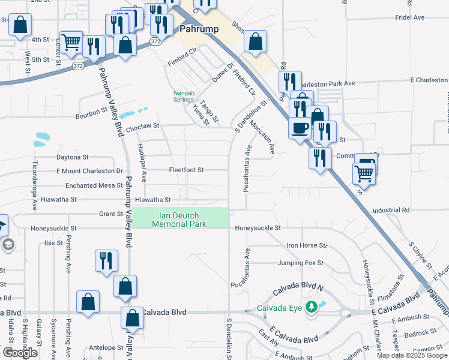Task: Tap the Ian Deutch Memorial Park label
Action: pyautogui.click(x=179, y=220)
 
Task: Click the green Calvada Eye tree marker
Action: pyautogui.click(x=311, y=308)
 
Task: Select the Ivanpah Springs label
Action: pyautogui.click(x=183, y=96)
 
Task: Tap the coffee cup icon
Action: pyautogui.click(x=300, y=127)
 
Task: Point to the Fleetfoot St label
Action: pyautogui.click(x=187, y=170)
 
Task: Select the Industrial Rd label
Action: pyautogui.click(x=390, y=211)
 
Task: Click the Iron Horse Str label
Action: pyautogui.click(x=307, y=245)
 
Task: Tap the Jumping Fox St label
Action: pyautogui.click(x=300, y=263)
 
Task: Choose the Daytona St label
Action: pyautogui.click(x=72, y=157)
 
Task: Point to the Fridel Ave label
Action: pyautogui.click(x=410, y=18)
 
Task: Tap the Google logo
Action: pyautogui.click(x=20, y=353)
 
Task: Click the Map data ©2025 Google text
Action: pyautogui.click(x=412, y=355)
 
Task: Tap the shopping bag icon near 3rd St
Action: pyautogui.click(x=20, y=25)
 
